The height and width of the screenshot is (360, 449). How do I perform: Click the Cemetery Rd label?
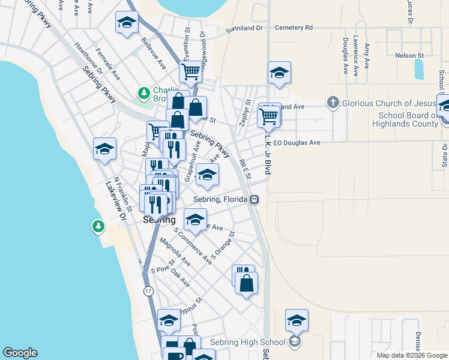coord(294,28)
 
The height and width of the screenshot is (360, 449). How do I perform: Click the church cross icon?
coord(333,103)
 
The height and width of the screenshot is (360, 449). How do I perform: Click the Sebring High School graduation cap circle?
coord(294,342)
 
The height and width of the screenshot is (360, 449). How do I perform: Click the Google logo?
coord(20,353)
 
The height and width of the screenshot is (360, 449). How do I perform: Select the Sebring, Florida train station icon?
coord(255,199)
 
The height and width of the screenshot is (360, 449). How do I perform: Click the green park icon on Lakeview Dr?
coord(97,226)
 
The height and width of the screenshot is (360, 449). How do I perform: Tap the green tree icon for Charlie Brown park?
coord(143,93)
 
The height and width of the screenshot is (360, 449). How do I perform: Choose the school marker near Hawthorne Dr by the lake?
coord(104,148)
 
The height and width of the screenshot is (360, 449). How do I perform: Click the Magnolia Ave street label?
coord(175,252)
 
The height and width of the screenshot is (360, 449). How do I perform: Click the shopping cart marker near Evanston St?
coord(190,72)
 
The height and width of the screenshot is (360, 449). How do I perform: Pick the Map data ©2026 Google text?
coord(411,355)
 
